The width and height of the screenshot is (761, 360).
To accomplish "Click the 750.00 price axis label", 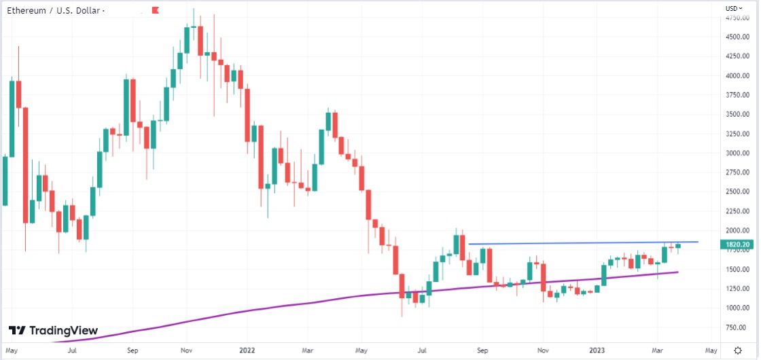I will coord(738,327).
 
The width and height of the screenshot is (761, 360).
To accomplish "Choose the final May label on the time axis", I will coord(710,350).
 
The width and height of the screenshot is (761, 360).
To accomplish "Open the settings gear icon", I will coord(738,350).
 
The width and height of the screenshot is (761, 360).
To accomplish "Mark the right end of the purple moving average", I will coord(677,272).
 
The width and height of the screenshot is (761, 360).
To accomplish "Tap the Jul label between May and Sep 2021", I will coord(71,350).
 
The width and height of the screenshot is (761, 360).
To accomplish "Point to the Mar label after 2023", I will coord(658,350).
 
